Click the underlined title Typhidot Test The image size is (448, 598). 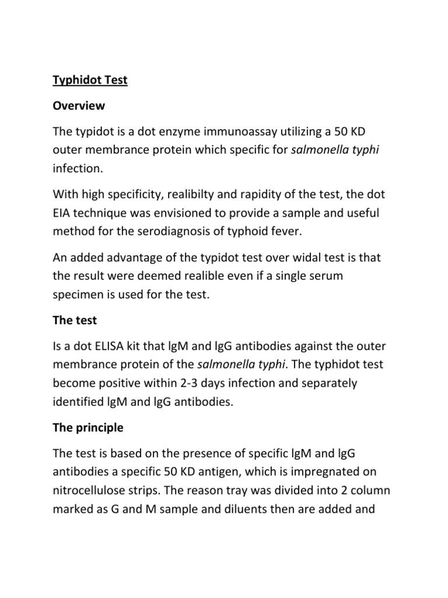coord(90,80)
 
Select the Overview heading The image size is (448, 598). coord(79,106)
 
